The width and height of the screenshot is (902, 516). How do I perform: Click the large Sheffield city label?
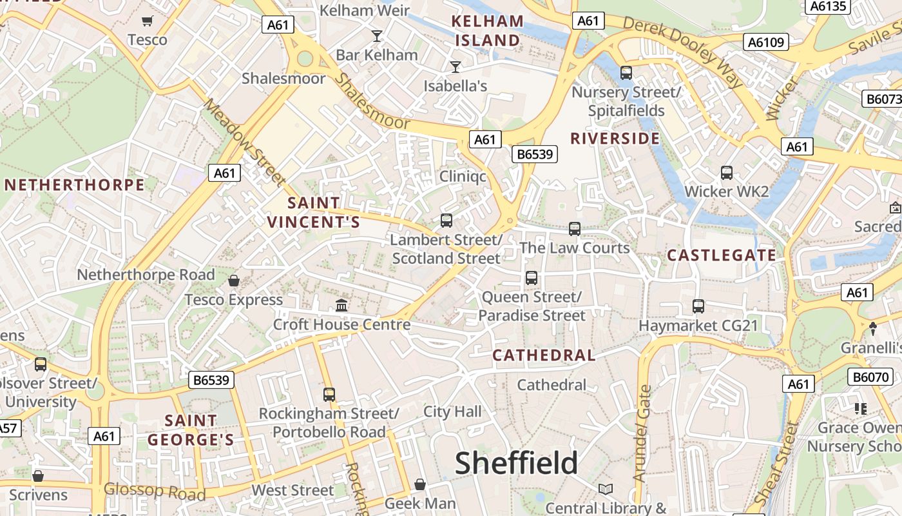(x=517, y=462)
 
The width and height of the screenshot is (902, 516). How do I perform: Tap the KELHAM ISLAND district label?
(x=487, y=30)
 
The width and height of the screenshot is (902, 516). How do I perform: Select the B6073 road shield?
(x=882, y=99)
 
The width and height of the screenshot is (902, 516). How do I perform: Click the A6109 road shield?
(x=767, y=43)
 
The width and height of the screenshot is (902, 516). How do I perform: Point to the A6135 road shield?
(x=829, y=6)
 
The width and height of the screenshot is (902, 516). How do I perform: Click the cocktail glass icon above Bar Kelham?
(x=377, y=35)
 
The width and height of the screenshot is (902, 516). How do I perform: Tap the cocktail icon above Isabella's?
(x=456, y=66)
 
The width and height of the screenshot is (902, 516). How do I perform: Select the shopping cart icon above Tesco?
(x=148, y=21)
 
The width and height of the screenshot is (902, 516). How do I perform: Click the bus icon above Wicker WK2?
(x=727, y=173)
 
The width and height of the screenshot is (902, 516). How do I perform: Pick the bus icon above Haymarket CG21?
(x=698, y=306)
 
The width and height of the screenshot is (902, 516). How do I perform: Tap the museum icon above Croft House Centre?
(x=342, y=305)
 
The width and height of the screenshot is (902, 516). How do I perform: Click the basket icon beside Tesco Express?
(x=234, y=281)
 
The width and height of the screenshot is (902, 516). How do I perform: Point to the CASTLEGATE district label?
(x=722, y=255)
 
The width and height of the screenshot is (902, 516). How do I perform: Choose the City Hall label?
(x=452, y=412)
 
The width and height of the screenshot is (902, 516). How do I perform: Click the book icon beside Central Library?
(x=605, y=489)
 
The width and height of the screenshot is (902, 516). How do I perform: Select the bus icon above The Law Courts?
(x=575, y=228)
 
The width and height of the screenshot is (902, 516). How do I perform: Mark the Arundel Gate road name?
(x=643, y=433)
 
